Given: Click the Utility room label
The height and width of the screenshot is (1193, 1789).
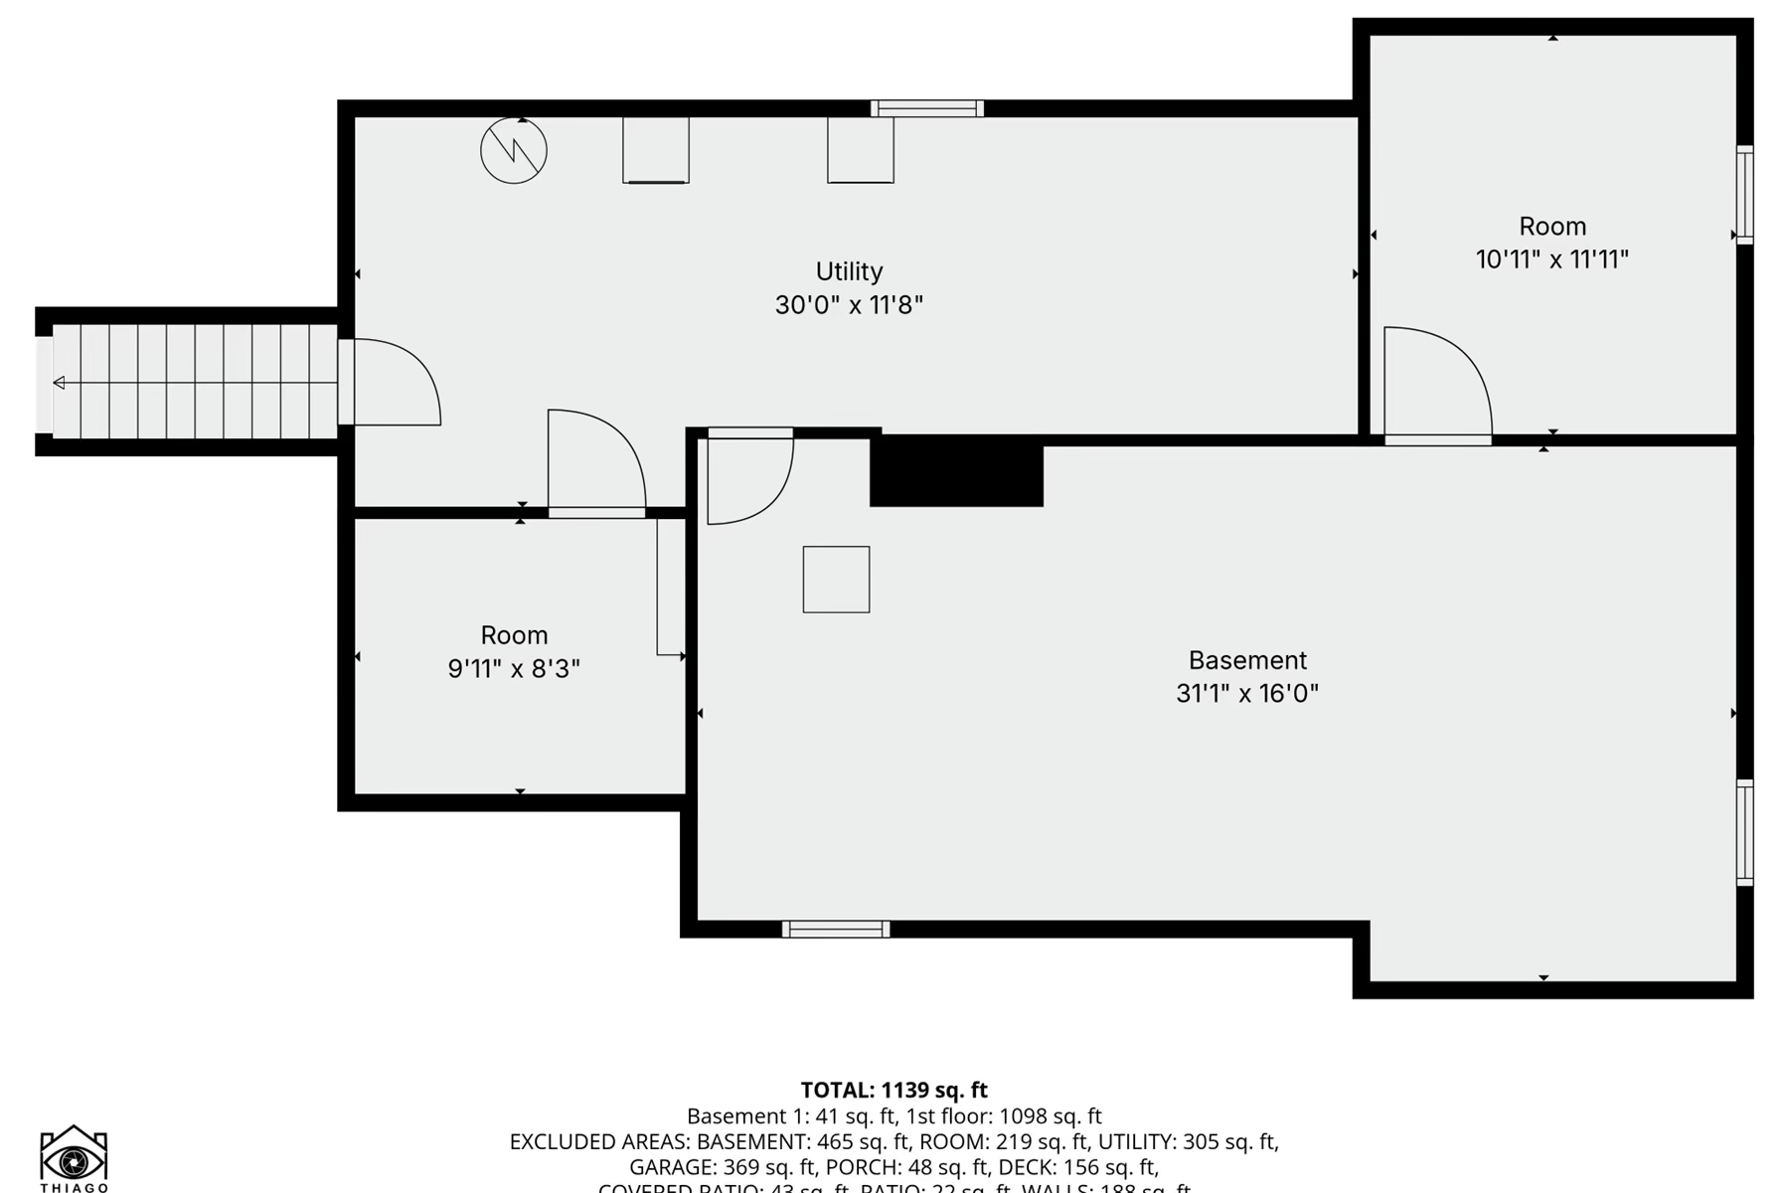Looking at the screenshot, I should point(849,271).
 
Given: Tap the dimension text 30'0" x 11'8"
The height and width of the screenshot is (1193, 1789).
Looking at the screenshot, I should point(849,304).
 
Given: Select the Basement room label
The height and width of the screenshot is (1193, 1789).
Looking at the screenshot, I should point(1247,660).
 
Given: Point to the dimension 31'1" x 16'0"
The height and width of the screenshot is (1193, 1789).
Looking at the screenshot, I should point(1247,693).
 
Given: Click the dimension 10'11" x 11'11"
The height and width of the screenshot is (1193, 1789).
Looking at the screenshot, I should point(1551,259).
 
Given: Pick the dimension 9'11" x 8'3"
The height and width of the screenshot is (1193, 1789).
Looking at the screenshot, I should point(514,668).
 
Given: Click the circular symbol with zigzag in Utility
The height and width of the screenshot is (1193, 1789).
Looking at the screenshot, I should point(514,151).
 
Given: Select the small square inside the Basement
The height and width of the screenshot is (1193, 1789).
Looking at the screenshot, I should point(836,580).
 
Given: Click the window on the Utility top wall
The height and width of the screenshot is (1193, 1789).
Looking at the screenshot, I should point(927,108).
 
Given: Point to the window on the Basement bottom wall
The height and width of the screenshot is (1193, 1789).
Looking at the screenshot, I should point(836,930).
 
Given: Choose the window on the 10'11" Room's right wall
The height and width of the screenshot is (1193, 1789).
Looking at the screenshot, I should point(1744,195).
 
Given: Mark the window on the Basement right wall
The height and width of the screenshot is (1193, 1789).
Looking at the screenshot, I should point(1744,833).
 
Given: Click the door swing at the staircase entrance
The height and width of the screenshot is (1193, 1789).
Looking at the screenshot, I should point(393,383).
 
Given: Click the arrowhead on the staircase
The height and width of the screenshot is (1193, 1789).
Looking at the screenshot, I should point(60,383).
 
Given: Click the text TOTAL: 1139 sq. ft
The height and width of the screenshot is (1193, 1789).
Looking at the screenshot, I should point(894,1091).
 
